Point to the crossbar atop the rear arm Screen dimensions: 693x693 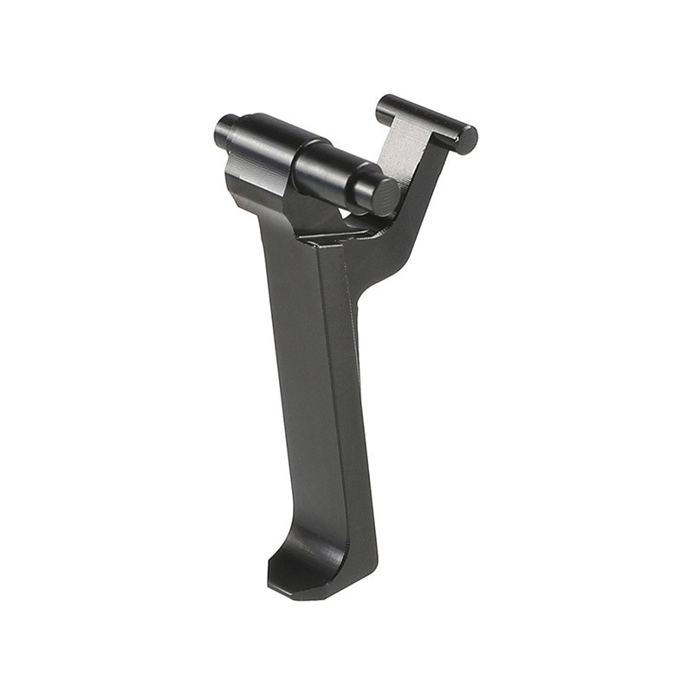coord(424,120)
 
